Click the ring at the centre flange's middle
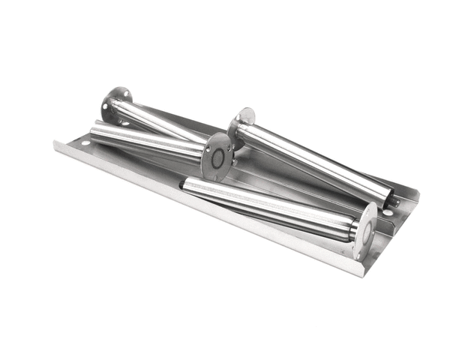pos(218,157)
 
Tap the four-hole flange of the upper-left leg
pos(117,105)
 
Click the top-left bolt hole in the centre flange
pos(209,145)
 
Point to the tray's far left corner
pos(56,141)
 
